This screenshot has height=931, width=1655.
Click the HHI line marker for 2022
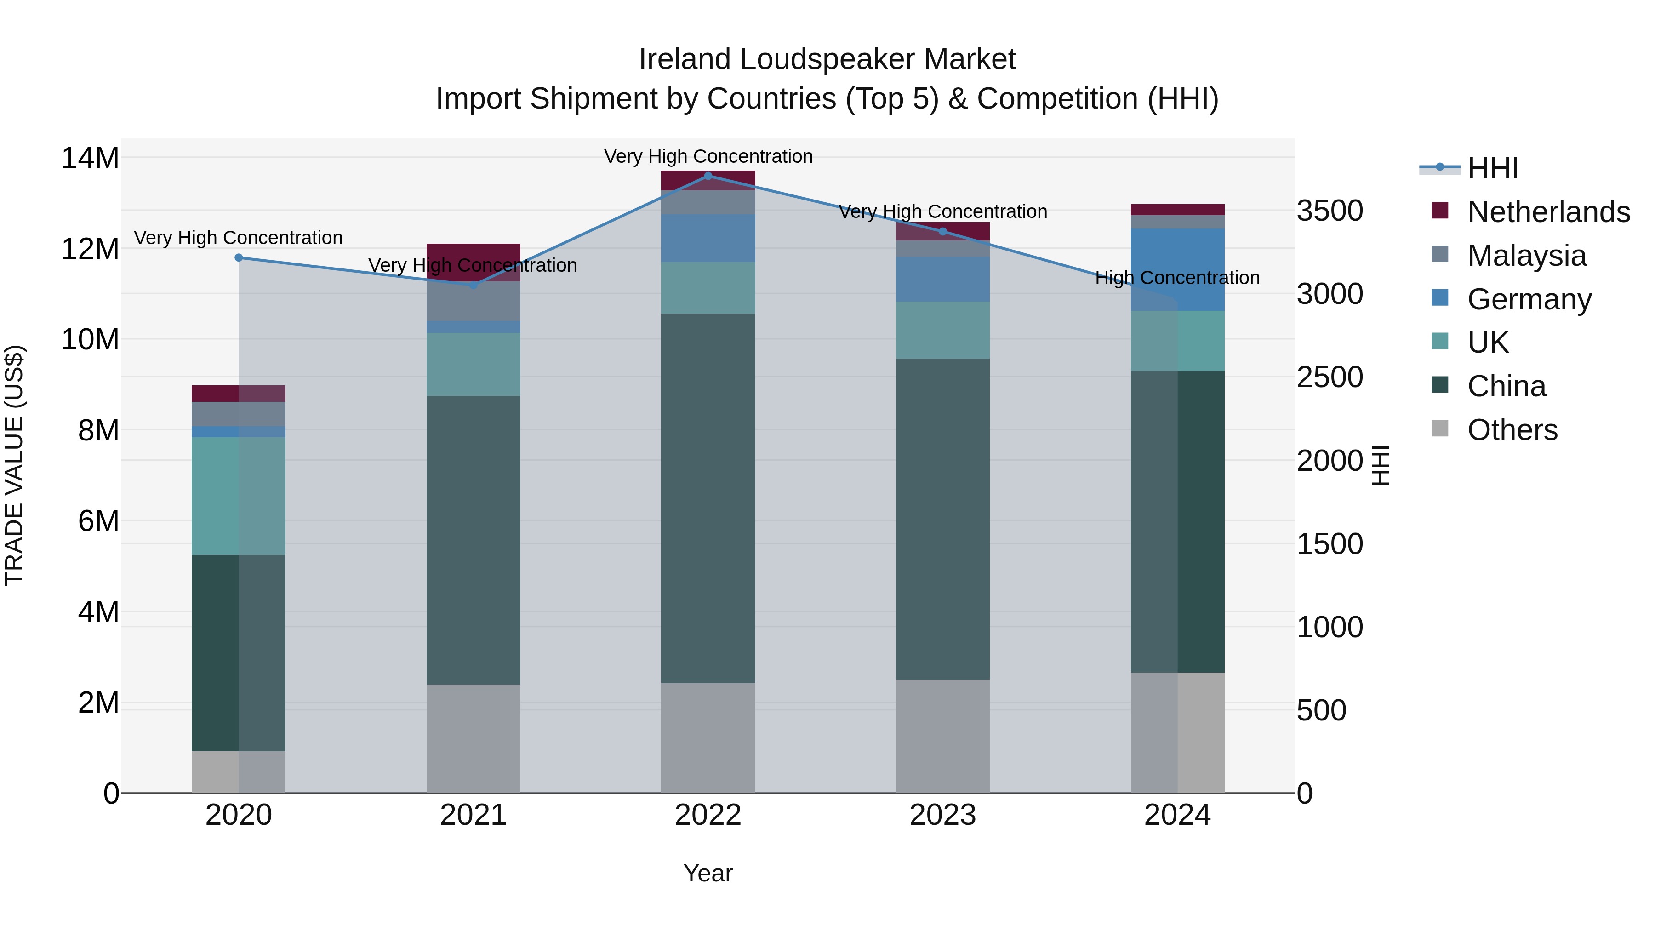coord(708,176)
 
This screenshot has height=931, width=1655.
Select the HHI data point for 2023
coord(942,231)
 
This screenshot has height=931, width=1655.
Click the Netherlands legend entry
coord(1548,212)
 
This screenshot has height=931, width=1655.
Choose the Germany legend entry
coord(1529,299)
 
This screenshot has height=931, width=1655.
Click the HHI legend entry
coord(1492,168)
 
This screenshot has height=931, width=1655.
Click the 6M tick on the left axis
coord(98,521)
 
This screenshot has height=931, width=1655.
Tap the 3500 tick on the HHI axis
coord(1329,211)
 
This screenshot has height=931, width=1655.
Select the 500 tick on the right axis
coord(1321,711)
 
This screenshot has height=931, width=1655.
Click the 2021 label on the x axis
coord(473,815)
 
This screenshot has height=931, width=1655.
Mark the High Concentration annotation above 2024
coord(1177,278)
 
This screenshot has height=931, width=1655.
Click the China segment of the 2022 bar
coord(708,498)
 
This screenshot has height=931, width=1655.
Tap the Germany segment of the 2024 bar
coord(1177,269)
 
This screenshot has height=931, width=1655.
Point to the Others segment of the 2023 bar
coord(942,736)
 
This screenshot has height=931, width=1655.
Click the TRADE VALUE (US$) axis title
coord(14,465)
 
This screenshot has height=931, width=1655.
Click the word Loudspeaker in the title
coord(827,59)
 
